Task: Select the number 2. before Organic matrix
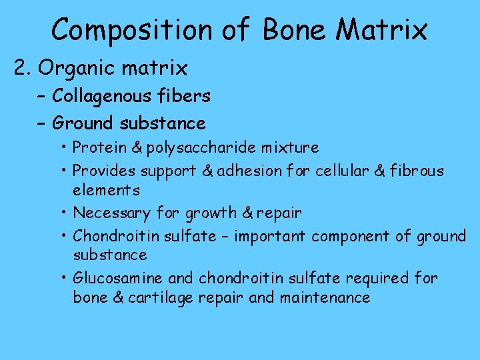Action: pyautogui.click(x=23, y=68)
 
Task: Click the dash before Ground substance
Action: pyautogui.click(x=41, y=123)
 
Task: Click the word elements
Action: pyautogui.click(x=107, y=190)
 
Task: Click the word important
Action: pyautogui.click(x=267, y=236)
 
